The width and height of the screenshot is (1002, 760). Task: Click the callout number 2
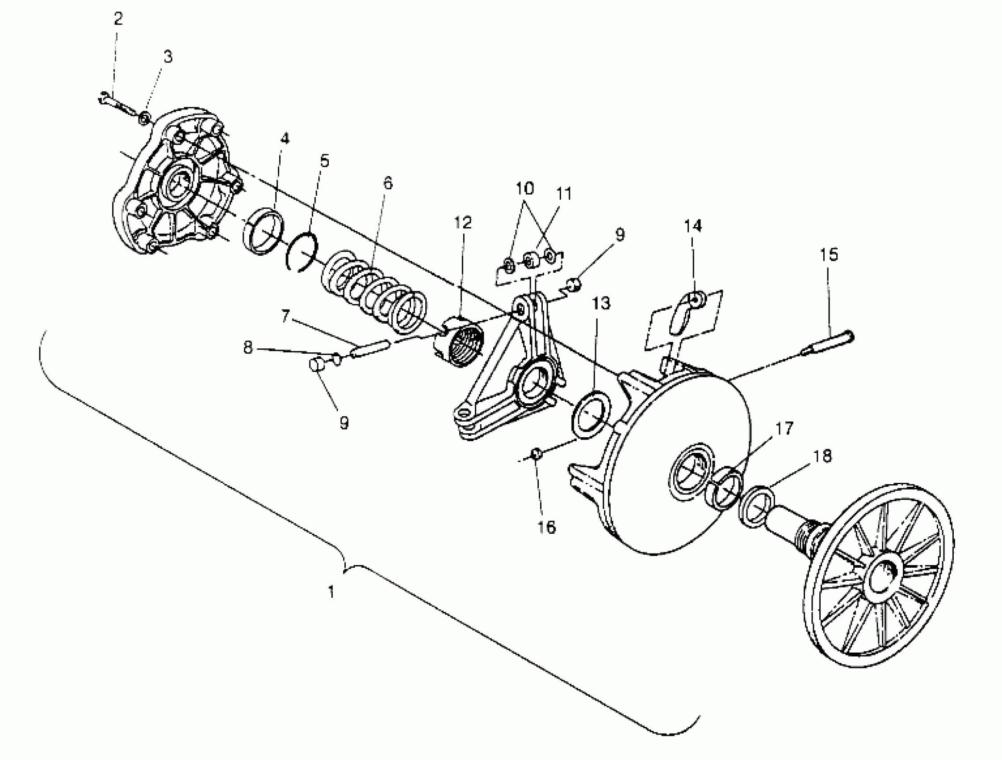coord(118,20)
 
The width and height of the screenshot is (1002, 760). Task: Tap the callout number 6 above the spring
coord(387,183)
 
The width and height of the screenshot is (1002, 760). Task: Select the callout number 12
coord(463,223)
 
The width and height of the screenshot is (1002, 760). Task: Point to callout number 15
coord(829,255)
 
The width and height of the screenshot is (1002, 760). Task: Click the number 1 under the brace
coord(331,592)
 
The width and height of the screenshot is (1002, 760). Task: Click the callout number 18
coord(822,456)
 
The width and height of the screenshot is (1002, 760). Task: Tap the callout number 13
coord(601,303)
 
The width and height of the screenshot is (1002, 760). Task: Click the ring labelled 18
coord(757,506)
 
